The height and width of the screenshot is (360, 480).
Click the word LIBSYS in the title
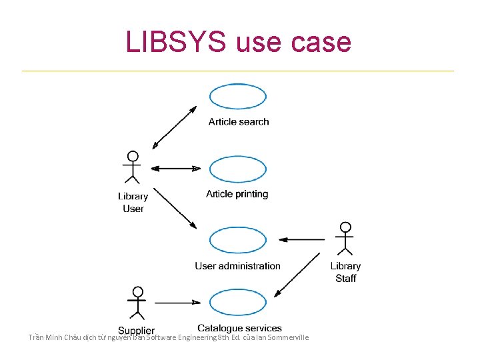(x=175, y=41)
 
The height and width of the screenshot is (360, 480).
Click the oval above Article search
(x=238, y=97)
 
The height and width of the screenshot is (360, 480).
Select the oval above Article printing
(x=238, y=169)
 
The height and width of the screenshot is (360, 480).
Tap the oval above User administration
(x=238, y=240)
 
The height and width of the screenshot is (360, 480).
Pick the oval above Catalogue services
(x=238, y=303)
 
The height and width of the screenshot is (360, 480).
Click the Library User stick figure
(x=133, y=167)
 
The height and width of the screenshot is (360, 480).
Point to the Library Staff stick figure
(x=345, y=238)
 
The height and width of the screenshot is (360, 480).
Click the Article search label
(x=239, y=121)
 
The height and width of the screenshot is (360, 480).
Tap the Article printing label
(x=237, y=194)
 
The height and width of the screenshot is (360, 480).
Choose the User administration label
(x=238, y=266)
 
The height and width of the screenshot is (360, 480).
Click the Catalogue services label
(x=240, y=328)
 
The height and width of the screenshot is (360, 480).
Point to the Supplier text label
(x=137, y=331)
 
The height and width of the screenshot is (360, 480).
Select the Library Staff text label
(x=345, y=272)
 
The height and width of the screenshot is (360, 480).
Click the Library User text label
(x=133, y=202)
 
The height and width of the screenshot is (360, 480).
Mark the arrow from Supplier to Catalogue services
(x=177, y=303)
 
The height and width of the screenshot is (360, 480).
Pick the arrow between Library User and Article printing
(x=176, y=169)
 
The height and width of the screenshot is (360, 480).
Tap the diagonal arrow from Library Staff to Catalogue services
(x=298, y=274)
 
